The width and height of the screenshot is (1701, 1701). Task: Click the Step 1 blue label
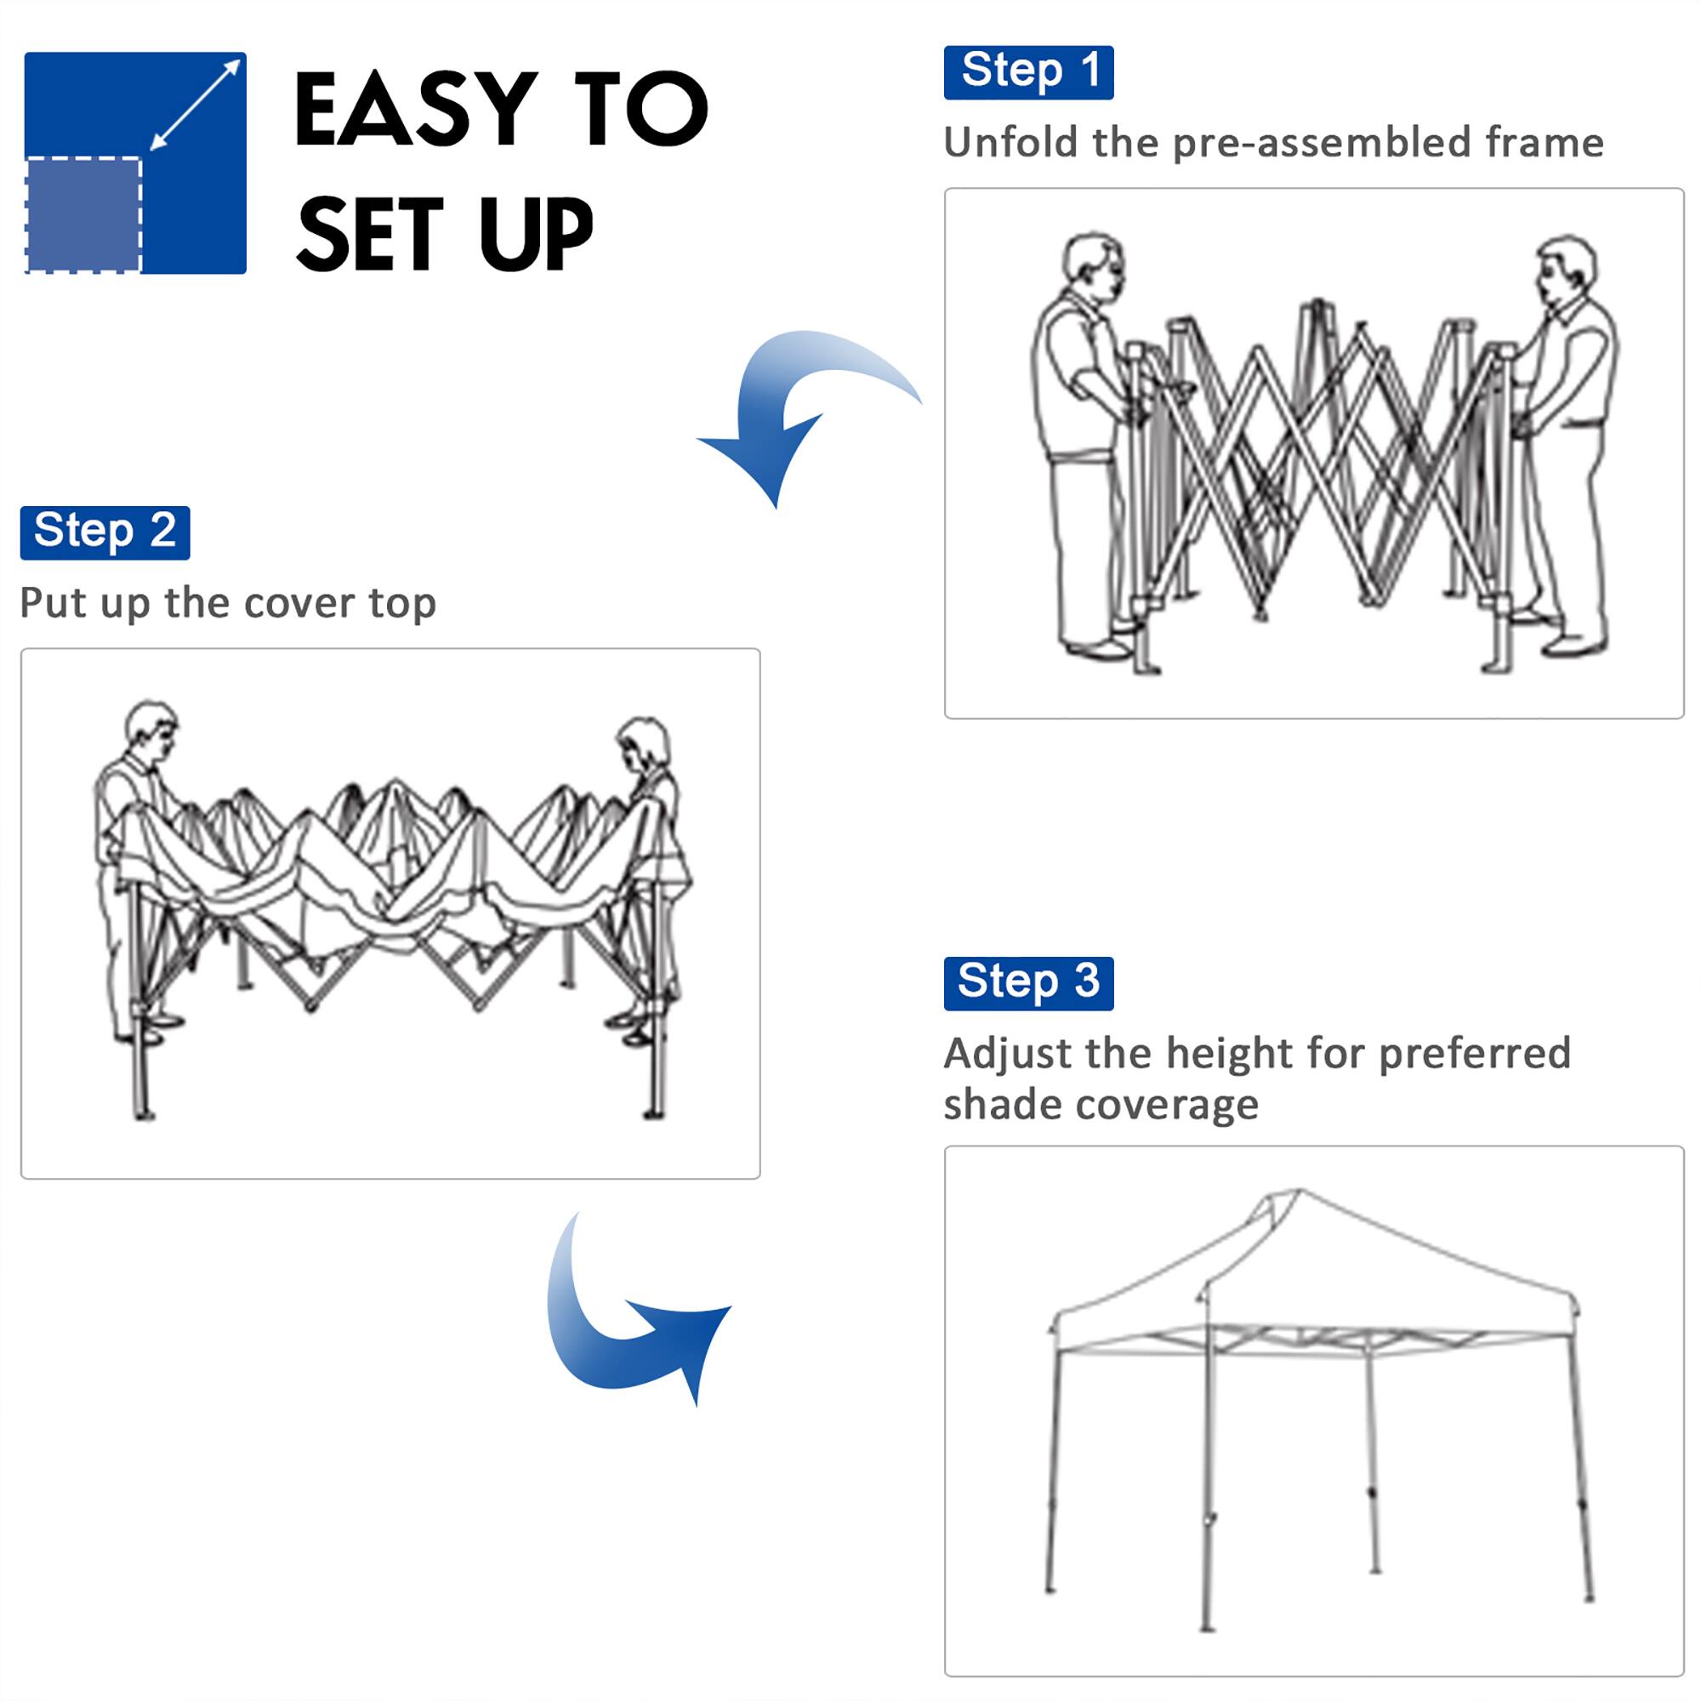(1027, 72)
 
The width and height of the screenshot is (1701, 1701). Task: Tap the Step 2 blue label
(105, 532)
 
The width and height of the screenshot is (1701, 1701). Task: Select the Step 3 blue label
(1027, 982)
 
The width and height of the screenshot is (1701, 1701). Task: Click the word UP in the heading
(535, 233)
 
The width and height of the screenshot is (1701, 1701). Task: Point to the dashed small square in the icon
(83, 215)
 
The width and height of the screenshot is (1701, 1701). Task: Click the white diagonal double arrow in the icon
(196, 105)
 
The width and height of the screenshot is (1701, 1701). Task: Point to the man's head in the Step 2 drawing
(151, 730)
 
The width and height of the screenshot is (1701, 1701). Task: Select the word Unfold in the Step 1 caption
(1010, 143)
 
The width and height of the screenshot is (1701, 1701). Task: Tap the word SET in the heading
(370, 233)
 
